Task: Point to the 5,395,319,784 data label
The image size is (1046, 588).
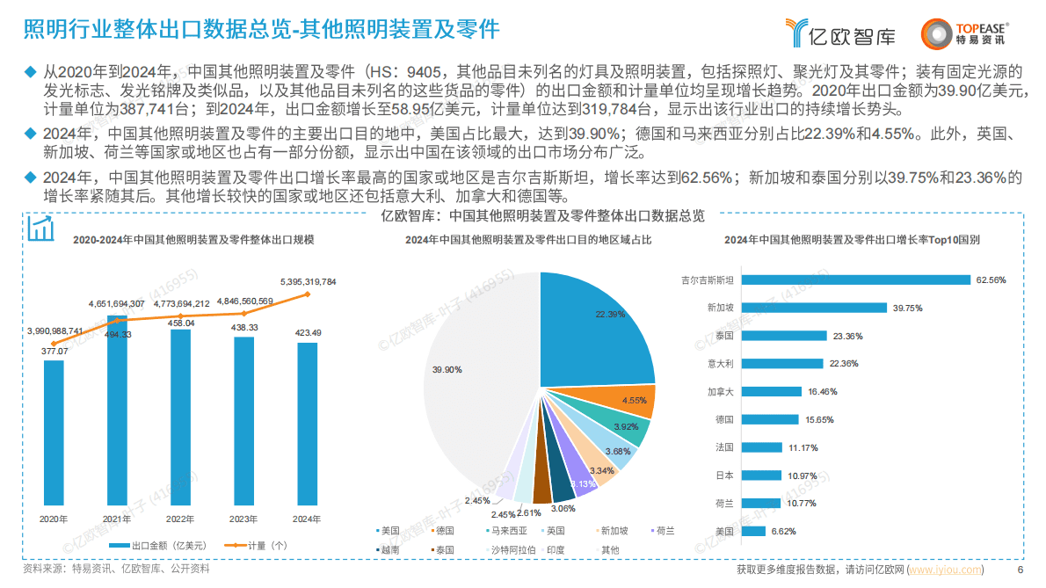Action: [308, 281]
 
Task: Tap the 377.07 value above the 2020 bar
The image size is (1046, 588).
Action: [54, 350]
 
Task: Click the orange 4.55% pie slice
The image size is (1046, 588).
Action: [638, 401]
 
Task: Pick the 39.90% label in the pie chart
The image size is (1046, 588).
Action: [447, 370]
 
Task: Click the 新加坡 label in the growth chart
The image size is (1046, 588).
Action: [720, 309]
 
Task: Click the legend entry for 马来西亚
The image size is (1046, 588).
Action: [509, 531]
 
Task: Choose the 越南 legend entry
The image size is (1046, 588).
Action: [389, 549]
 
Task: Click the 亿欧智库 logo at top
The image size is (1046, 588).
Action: [841, 33]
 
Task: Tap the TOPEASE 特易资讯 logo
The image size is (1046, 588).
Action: [964, 33]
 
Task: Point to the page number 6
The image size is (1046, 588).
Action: [1020, 570]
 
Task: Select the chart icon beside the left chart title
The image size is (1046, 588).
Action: [40, 229]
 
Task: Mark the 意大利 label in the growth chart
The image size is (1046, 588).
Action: [720, 364]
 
